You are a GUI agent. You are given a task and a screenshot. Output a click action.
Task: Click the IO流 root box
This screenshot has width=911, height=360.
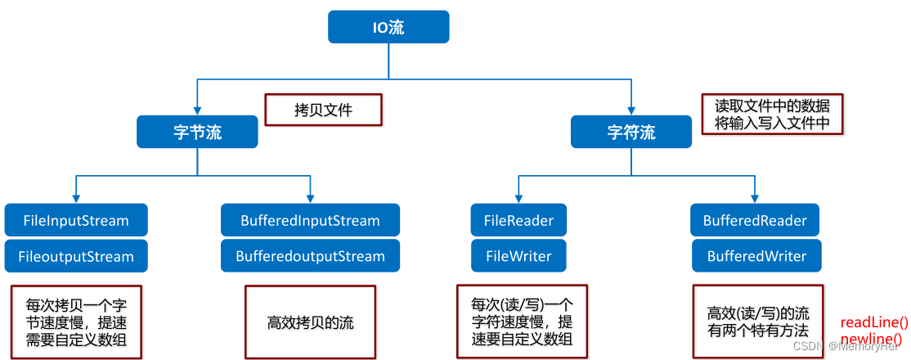click(x=388, y=27)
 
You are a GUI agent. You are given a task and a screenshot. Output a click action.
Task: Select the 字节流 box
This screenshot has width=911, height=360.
click(x=197, y=132)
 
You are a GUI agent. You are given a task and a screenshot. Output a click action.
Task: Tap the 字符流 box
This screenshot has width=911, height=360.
click(x=631, y=132)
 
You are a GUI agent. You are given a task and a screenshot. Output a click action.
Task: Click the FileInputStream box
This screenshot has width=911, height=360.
click(x=76, y=220)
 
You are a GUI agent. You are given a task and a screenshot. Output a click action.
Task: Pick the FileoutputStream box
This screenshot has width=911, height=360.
click(x=76, y=256)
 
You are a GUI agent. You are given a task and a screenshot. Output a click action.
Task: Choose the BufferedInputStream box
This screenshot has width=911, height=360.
click(x=310, y=220)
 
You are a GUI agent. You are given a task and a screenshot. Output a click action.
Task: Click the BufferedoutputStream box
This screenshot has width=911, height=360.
click(x=310, y=256)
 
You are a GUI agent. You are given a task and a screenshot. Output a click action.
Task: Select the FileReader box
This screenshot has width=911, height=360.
click(x=518, y=220)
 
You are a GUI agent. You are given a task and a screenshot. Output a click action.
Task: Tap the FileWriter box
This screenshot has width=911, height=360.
click(x=518, y=256)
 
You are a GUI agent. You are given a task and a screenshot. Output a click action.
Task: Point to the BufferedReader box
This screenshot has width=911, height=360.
click(x=755, y=220)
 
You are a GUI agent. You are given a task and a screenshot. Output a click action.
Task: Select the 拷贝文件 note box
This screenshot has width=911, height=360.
click(x=323, y=110)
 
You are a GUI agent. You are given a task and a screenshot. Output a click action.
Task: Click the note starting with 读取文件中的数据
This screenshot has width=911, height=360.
click(x=772, y=114)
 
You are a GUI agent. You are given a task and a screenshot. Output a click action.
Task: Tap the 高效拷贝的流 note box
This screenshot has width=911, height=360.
click(x=310, y=322)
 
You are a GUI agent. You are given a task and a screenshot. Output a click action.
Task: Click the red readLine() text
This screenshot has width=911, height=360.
click(x=874, y=322)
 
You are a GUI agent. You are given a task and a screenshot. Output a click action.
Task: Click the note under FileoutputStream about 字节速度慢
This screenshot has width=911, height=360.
click(x=76, y=322)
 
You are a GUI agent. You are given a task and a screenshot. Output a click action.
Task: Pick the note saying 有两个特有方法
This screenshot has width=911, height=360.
click(x=757, y=322)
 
